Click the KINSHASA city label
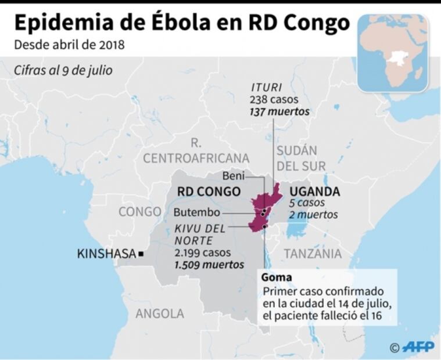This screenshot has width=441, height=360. point(106,253)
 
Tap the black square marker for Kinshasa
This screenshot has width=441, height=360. point(141,254)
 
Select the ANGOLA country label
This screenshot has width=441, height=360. point(159,314)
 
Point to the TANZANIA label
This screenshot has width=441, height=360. point(312,253)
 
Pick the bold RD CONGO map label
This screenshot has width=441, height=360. point(209,192)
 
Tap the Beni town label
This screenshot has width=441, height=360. point(234,175)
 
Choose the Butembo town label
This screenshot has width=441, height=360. point(197,212)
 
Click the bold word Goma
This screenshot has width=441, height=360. point(276,277)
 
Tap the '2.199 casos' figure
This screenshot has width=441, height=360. point(202,253)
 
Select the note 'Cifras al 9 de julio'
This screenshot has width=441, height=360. point(64,70)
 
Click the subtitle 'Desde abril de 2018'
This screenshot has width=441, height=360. point(69,45)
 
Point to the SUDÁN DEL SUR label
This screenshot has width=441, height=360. point(301,158)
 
